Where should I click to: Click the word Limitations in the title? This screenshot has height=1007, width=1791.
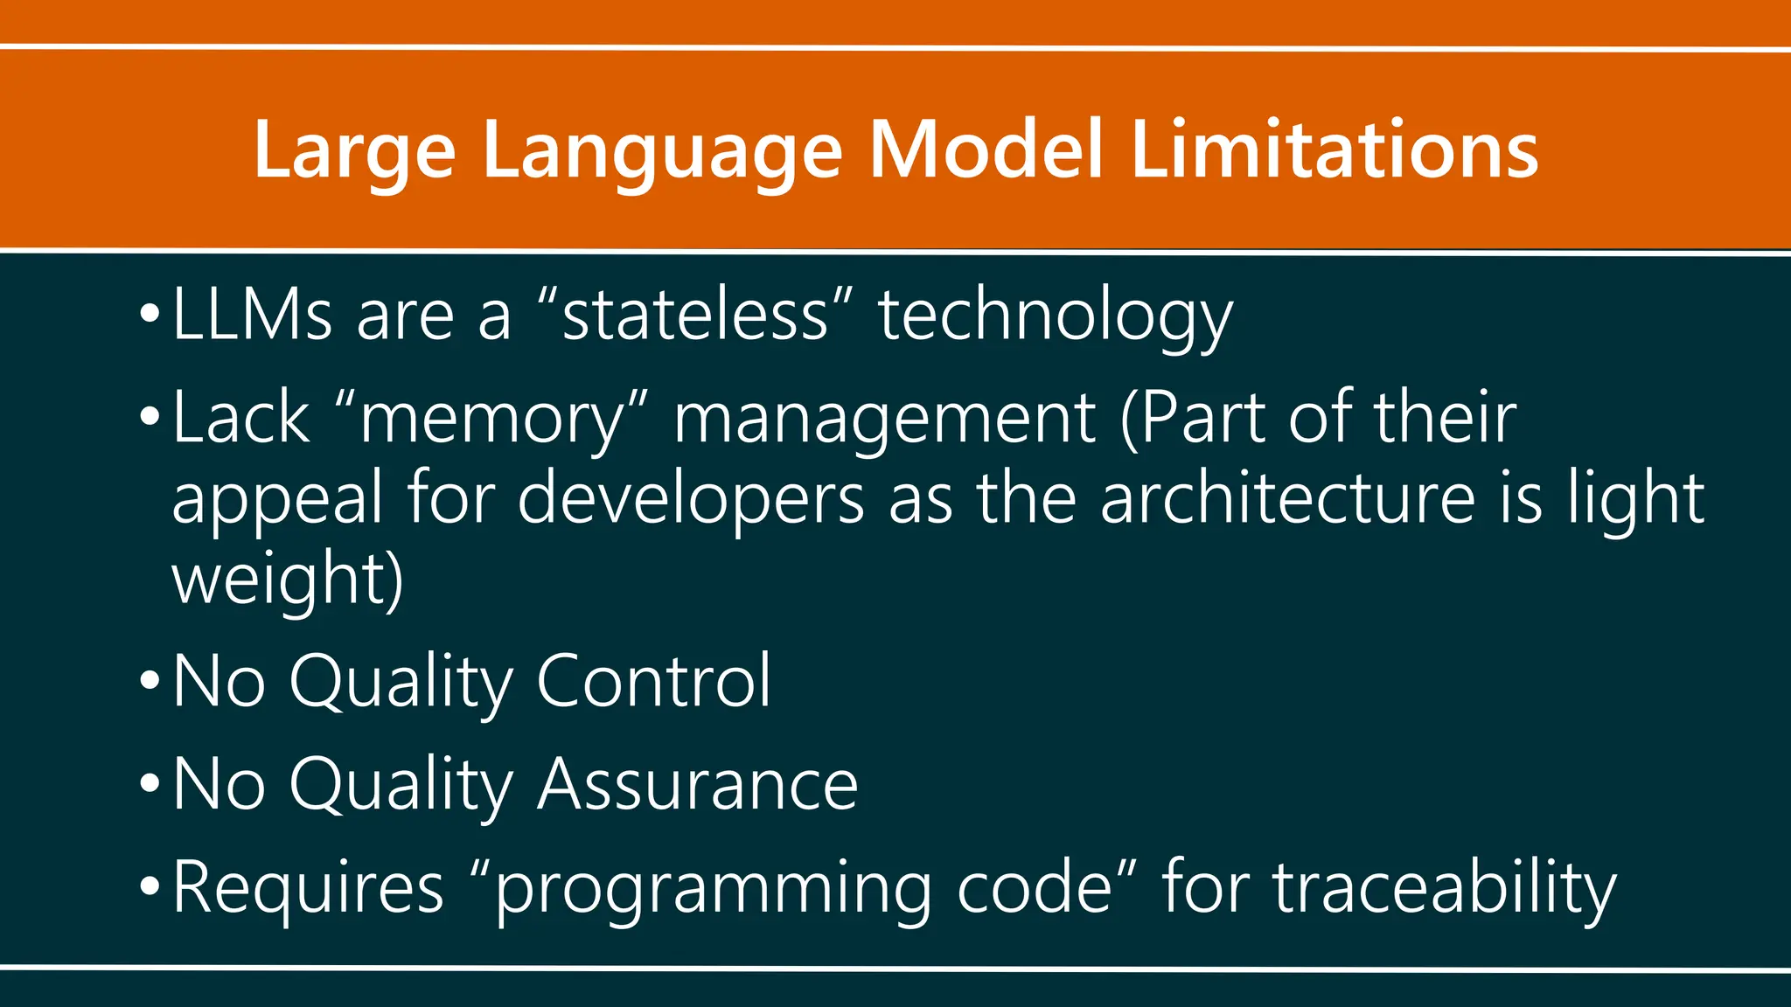click(x=1334, y=150)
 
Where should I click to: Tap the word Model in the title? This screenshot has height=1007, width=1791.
click(x=986, y=150)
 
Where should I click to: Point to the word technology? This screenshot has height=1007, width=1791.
click(x=1056, y=316)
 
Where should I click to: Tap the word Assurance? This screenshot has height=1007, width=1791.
click(x=697, y=784)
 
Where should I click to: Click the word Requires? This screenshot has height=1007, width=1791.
click(x=309, y=887)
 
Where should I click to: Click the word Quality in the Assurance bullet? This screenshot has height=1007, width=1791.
click(x=401, y=786)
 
